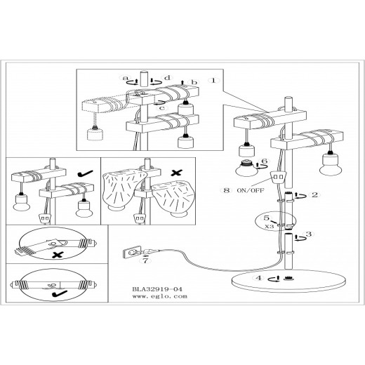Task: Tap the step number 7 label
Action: pos(145,260)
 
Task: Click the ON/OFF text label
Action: pos(251,190)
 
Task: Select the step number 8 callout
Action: pos(227,190)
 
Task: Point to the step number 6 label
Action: pos(264,161)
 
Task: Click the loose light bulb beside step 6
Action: pos(246,168)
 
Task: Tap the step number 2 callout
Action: pos(315,194)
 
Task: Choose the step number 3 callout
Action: pos(309,234)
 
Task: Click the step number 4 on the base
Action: pos(258,278)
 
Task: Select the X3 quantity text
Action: pos(270,227)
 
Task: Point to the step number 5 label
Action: pos(267,218)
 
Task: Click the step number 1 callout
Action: pos(213,81)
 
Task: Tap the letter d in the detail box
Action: pos(168,77)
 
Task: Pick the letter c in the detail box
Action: pos(163,108)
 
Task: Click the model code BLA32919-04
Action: pos(157,289)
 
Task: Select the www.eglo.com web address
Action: pos(160,296)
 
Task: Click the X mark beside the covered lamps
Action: pos(177,173)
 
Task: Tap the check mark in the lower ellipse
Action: pos(59,293)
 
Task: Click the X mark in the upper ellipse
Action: pos(58,255)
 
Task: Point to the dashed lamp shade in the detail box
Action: pos(95,134)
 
